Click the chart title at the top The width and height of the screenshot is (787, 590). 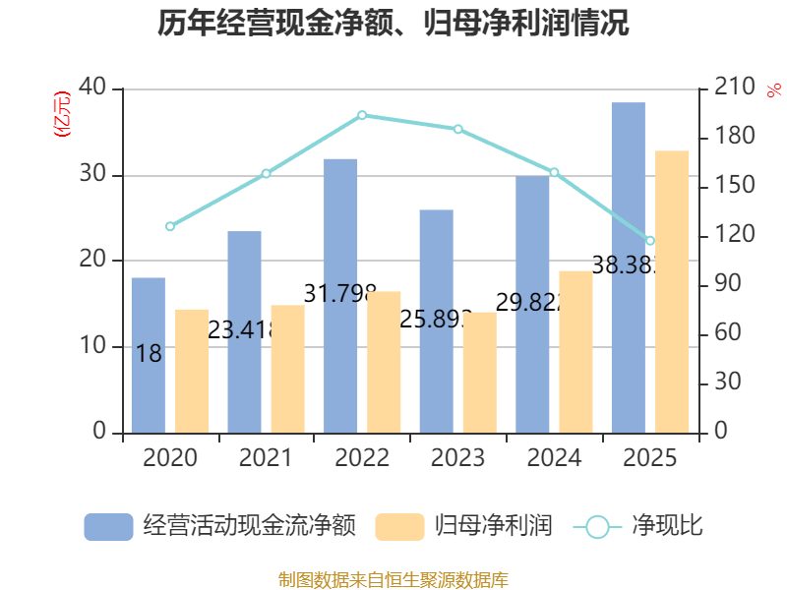393,24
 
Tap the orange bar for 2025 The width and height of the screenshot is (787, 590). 672,291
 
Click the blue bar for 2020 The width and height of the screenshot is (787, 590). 149,355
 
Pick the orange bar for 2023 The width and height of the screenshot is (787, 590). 480,372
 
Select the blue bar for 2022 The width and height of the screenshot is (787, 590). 340,295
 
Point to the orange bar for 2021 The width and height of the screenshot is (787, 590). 288,369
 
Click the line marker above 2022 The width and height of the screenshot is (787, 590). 362,115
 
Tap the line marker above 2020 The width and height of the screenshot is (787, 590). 170,226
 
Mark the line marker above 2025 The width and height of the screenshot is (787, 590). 650,241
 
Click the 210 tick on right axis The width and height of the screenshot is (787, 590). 734,88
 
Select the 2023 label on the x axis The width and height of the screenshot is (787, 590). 457,458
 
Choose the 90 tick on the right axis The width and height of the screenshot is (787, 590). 728,284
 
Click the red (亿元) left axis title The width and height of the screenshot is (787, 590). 61,113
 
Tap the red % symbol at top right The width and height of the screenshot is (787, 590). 772,89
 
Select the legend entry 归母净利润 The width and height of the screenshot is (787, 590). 462,526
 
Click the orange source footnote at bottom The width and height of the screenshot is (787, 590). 393,579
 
